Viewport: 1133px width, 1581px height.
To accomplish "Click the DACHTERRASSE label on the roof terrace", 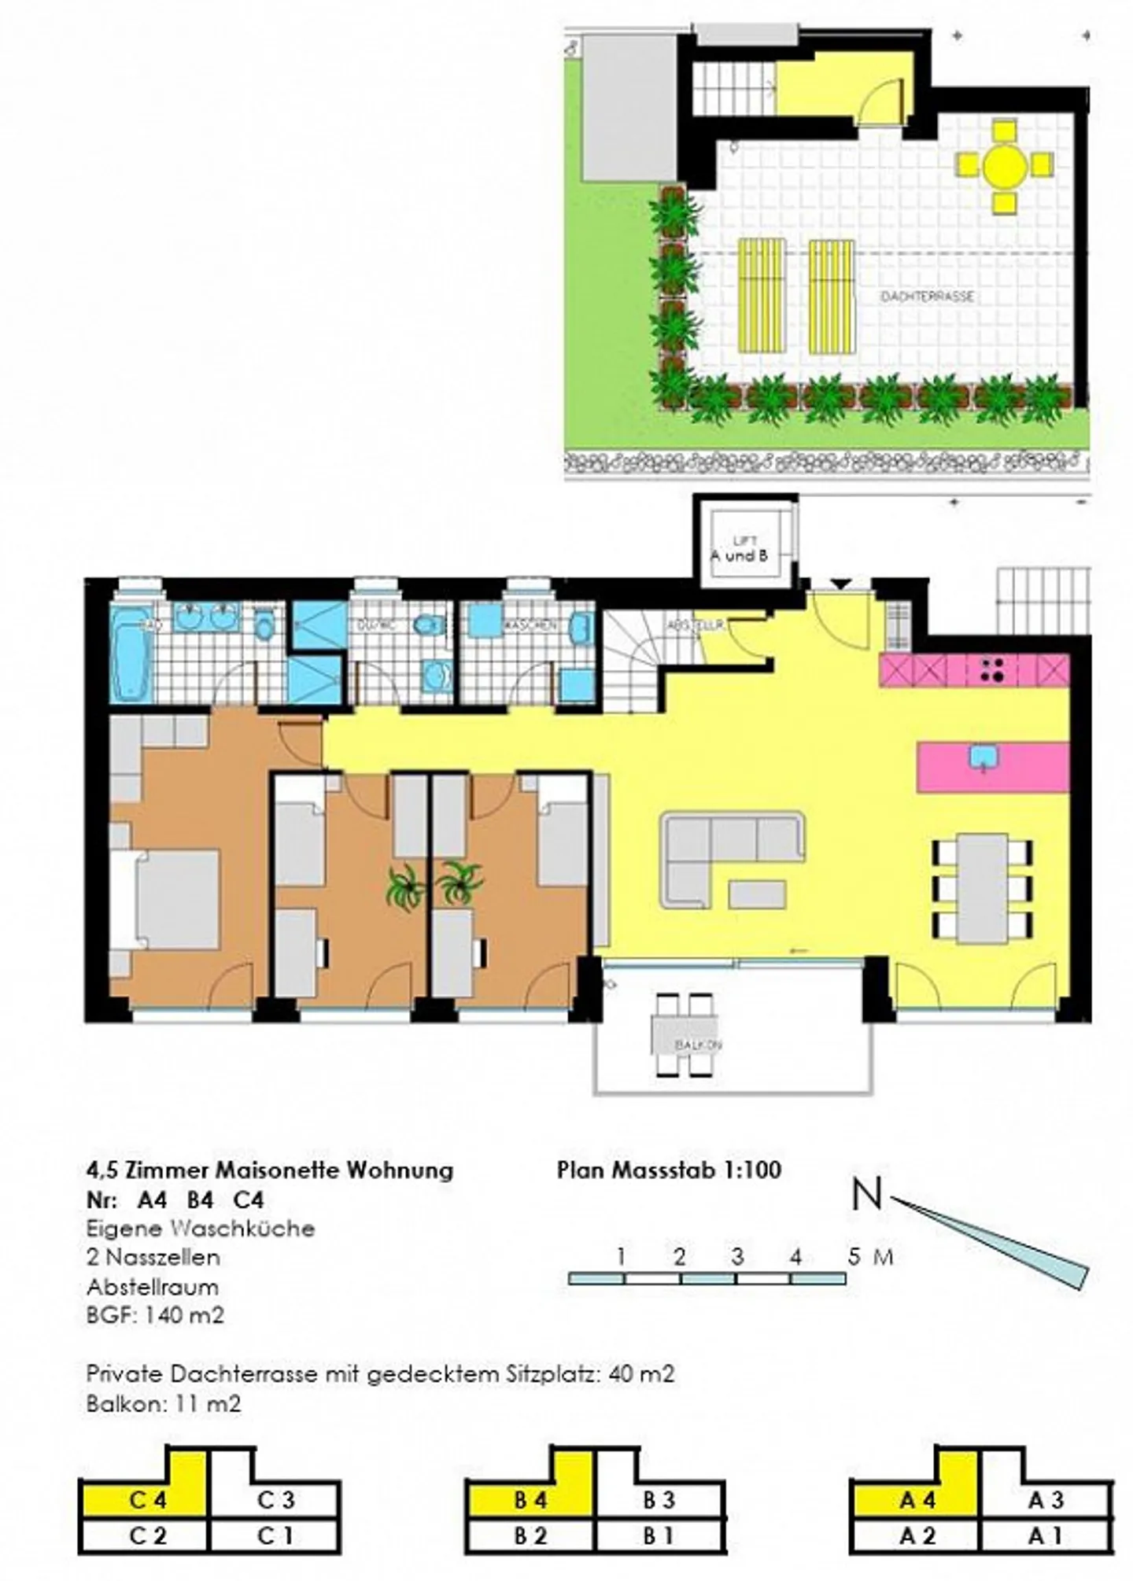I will pyautogui.click(x=927, y=297).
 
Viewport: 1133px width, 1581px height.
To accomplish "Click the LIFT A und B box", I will pyautogui.click(x=739, y=548).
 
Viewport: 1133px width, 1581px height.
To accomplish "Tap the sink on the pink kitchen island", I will pyautogui.click(x=984, y=757).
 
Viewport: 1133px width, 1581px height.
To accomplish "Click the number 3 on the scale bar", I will pyautogui.click(x=737, y=1256).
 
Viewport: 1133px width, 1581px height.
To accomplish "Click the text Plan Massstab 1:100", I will pyautogui.click(x=669, y=1170).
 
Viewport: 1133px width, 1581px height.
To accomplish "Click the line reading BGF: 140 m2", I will pyautogui.click(x=155, y=1314).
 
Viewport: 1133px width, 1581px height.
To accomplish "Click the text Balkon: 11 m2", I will pyautogui.click(x=164, y=1403).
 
